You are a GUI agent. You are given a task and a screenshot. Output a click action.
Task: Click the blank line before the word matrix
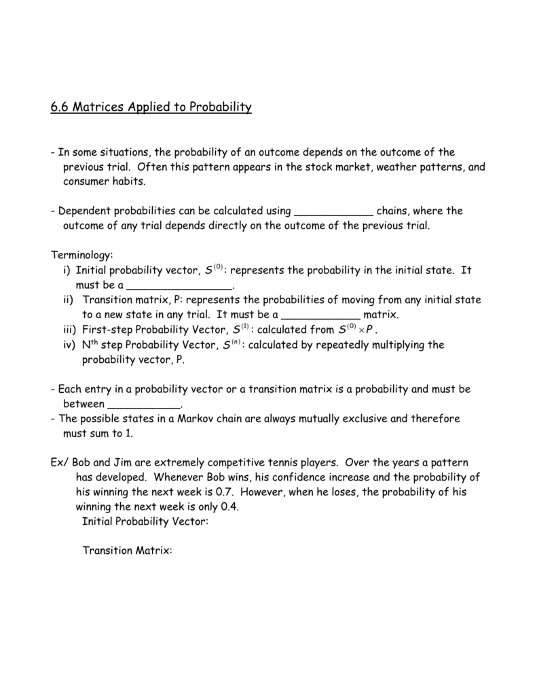pyautogui.click(x=320, y=315)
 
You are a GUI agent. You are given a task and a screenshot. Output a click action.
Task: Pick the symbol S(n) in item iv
pyautogui.click(x=232, y=345)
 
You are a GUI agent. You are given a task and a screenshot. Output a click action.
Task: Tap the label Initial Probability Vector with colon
pyautogui.click(x=145, y=522)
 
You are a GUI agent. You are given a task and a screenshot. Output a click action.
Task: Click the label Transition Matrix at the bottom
pyautogui.click(x=128, y=551)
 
